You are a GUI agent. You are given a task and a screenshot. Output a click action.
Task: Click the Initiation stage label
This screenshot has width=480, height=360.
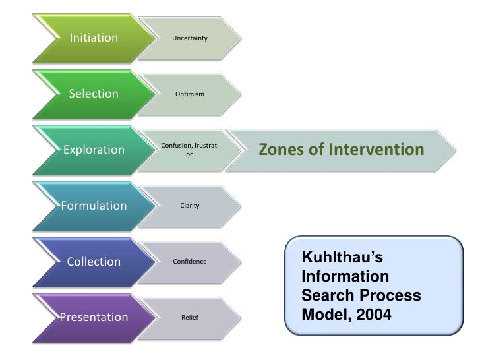coord(94,38)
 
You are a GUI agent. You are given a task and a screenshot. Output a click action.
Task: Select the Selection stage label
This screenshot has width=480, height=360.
coord(94,94)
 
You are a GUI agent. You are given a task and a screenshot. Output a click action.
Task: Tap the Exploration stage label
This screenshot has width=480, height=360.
coord(94,150)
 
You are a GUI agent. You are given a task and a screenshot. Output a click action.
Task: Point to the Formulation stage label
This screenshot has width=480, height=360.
coord(94,206)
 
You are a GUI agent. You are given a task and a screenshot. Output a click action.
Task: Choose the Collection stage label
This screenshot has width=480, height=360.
coord(94,262)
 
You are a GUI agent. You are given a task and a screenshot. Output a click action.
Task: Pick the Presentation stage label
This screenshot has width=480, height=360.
coord(94,318)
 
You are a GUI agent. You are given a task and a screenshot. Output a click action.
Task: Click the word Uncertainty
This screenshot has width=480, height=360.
coord(189,39)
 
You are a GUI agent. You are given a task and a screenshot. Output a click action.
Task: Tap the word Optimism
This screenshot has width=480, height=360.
coord(189,95)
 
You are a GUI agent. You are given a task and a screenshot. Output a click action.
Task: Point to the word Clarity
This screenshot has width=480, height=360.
coord(189,206)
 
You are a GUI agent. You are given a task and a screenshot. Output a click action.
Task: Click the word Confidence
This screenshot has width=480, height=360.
coord(189,262)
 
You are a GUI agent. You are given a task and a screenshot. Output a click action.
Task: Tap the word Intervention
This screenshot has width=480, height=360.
coord(373,150)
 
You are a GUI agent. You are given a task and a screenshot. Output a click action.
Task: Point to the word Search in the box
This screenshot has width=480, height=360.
coord(323,296)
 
